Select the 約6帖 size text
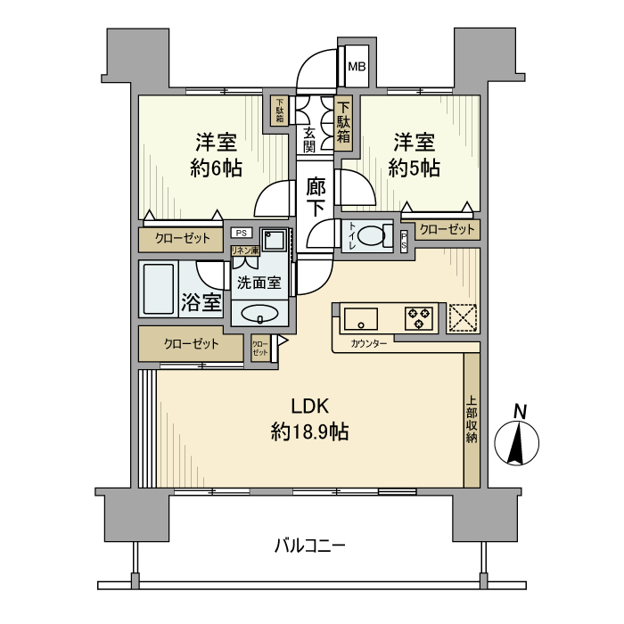216,168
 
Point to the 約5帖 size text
414,168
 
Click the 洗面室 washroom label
259,283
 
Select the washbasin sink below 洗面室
259,314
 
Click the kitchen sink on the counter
360,317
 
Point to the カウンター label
369,344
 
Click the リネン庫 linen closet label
245,251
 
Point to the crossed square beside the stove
462,317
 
